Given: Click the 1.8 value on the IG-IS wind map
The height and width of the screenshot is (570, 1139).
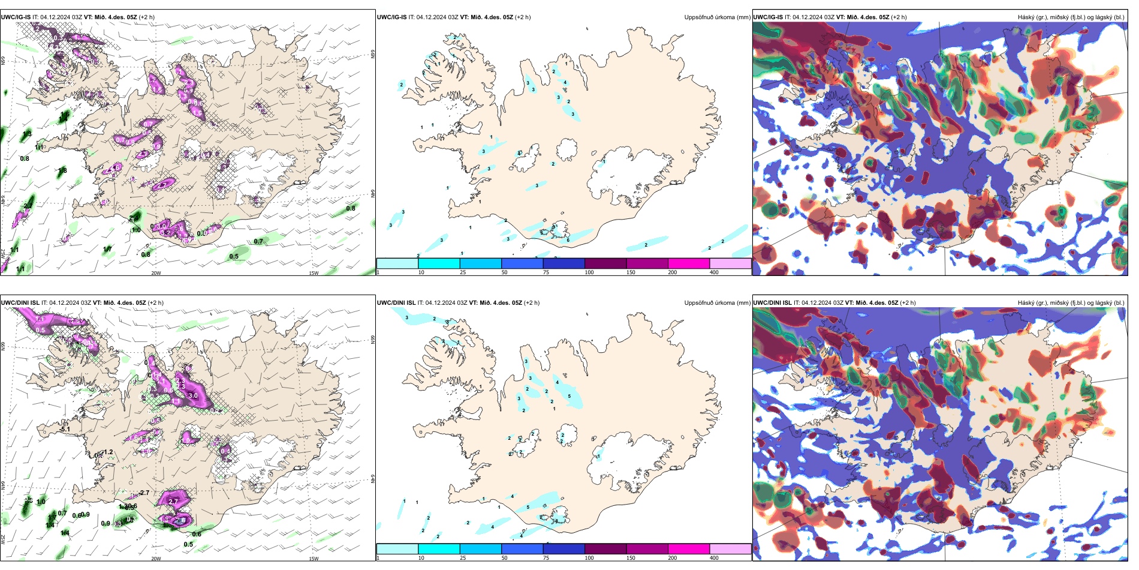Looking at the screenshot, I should coord(62,171).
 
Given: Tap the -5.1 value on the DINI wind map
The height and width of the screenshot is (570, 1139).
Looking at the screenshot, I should coord(65,430).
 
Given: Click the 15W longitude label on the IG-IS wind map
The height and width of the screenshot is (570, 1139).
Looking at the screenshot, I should coord(314,273).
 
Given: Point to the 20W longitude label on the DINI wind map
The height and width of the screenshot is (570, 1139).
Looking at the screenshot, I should coord(156,559).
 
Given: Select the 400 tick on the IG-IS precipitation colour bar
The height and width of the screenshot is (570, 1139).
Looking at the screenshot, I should coord(714,272).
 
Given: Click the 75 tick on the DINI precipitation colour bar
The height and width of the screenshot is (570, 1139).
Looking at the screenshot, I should coord(546,558).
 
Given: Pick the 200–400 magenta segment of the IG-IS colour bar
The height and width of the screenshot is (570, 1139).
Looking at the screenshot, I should coord(689,263).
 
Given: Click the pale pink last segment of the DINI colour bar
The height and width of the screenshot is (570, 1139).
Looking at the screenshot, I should coord(730,549).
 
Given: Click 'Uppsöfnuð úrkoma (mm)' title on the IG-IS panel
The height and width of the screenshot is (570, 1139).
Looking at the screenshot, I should coord(717,17).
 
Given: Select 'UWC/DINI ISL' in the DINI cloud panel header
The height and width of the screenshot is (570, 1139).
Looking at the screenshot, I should coord(773,303).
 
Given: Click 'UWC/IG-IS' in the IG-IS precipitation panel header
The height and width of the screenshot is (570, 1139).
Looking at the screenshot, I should coord(391,17).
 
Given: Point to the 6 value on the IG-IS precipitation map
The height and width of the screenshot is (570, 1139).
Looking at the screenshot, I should coord(568,240).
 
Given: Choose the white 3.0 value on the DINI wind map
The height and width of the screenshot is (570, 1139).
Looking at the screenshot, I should coord(193,396).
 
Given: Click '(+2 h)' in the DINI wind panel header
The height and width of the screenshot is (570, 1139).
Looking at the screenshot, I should coord(155,303).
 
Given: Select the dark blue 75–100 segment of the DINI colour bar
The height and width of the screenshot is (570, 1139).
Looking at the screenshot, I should coord(564,549).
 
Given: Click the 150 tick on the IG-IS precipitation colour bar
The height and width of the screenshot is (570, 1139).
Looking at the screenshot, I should coord(631,272).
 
